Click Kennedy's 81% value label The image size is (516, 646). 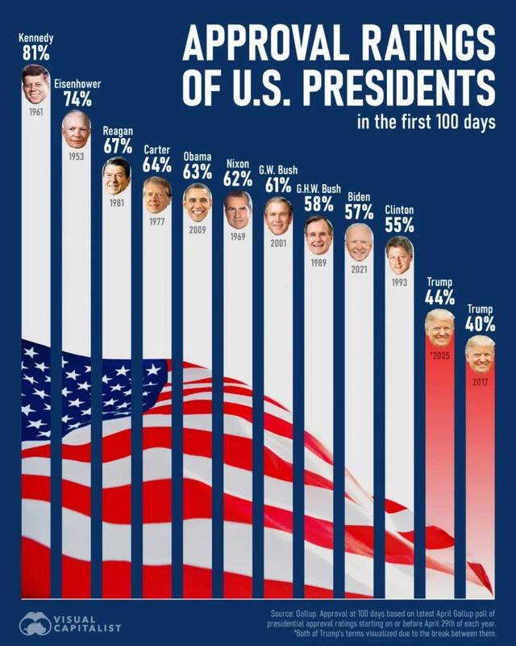pos(35,54)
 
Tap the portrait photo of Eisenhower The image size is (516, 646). pos(77,129)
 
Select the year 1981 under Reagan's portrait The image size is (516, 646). pos(117,203)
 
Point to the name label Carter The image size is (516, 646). pos(157,149)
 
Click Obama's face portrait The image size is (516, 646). pos(198,202)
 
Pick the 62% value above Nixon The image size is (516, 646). pos(238,179)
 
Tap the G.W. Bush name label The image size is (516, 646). pos(278,170)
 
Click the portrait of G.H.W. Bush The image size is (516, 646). pos(318,235)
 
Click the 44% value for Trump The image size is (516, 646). pos(439,297)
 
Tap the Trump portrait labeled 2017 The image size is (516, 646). pos(480,354)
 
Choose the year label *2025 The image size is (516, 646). pos(439,355)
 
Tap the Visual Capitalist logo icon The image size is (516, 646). pos(35,623)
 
